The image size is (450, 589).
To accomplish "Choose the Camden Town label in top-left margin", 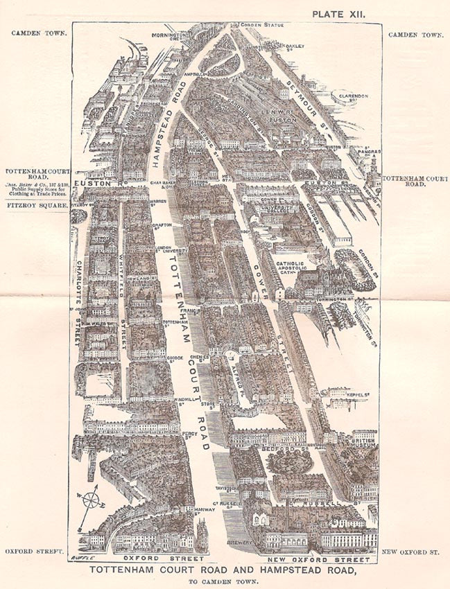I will pos(36,33).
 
